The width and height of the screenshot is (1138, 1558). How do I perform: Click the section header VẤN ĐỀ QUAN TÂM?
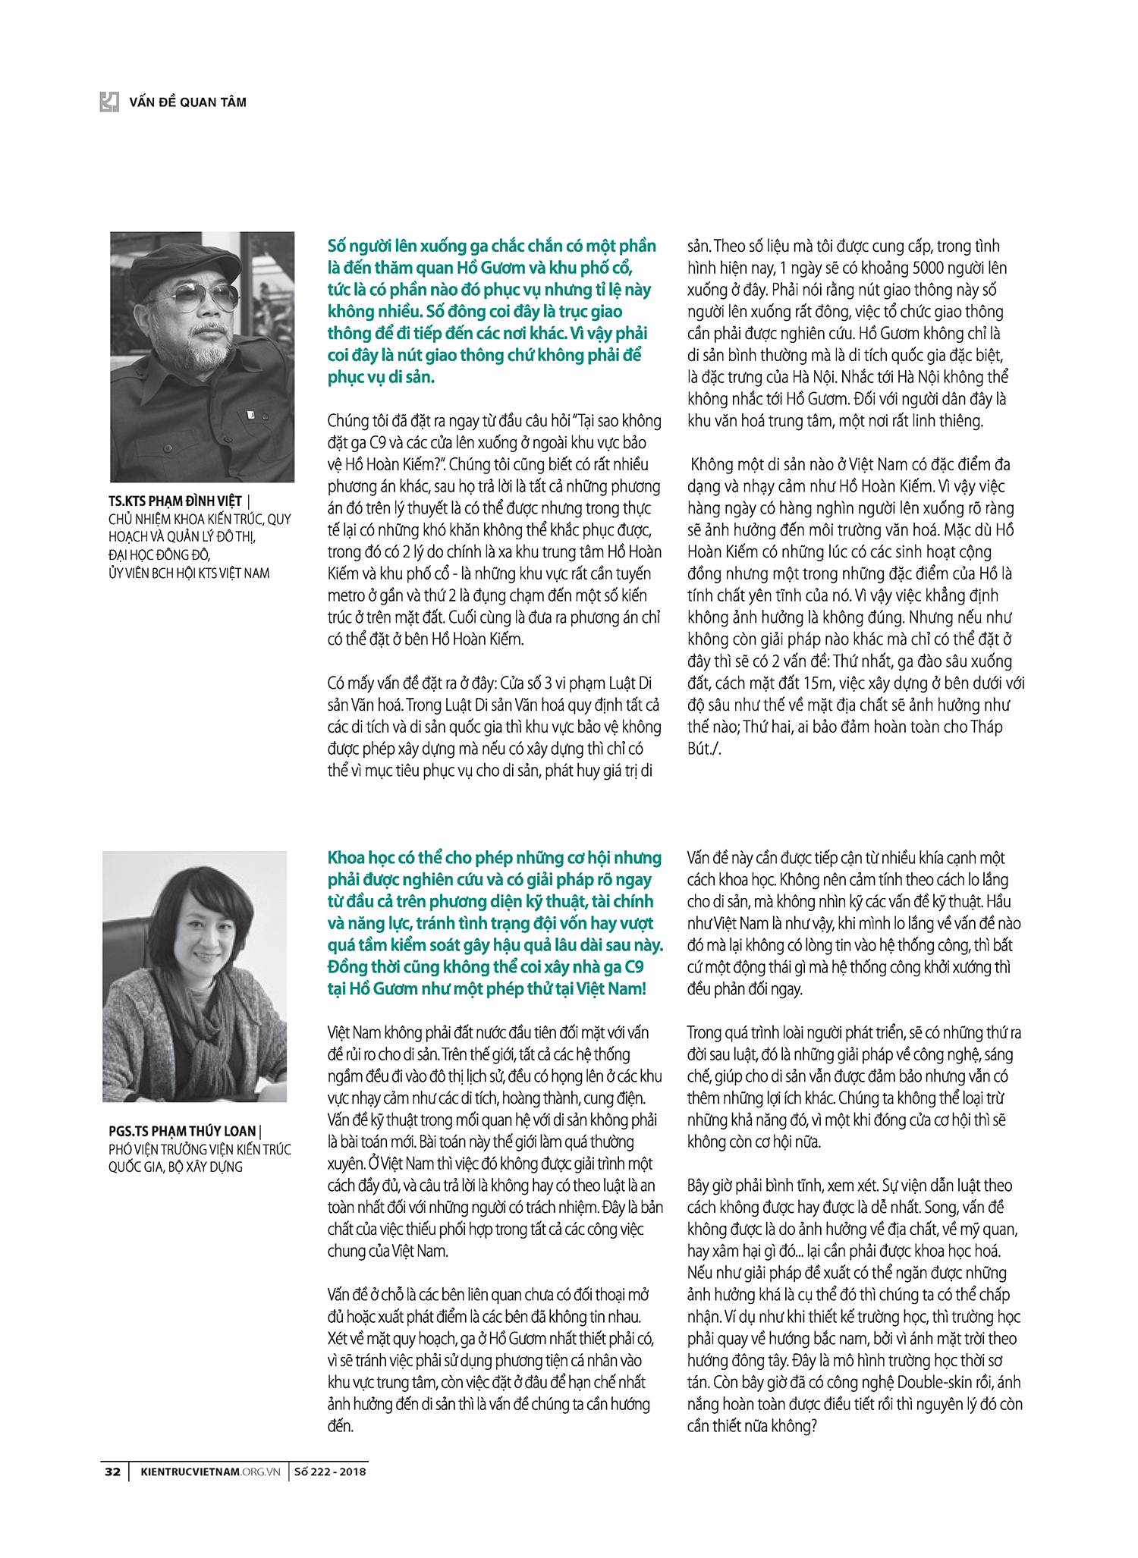click(x=187, y=102)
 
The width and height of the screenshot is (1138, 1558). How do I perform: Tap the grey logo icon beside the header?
click(x=109, y=102)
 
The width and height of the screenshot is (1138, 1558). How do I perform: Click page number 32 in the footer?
click(x=112, y=1472)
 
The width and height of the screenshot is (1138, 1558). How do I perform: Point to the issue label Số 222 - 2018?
click(x=329, y=1472)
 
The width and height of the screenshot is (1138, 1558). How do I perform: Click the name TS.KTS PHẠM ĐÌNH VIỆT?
click(x=175, y=501)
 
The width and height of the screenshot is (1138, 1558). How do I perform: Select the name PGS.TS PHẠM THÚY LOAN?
click(x=182, y=1131)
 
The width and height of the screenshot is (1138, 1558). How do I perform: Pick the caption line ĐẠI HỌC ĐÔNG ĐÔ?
click(x=159, y=554)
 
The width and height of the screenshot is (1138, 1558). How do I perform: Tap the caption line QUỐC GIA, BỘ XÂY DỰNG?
click(x=175, y=1167)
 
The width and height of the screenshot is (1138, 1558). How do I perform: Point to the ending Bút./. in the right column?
click(x=704, y=749)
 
